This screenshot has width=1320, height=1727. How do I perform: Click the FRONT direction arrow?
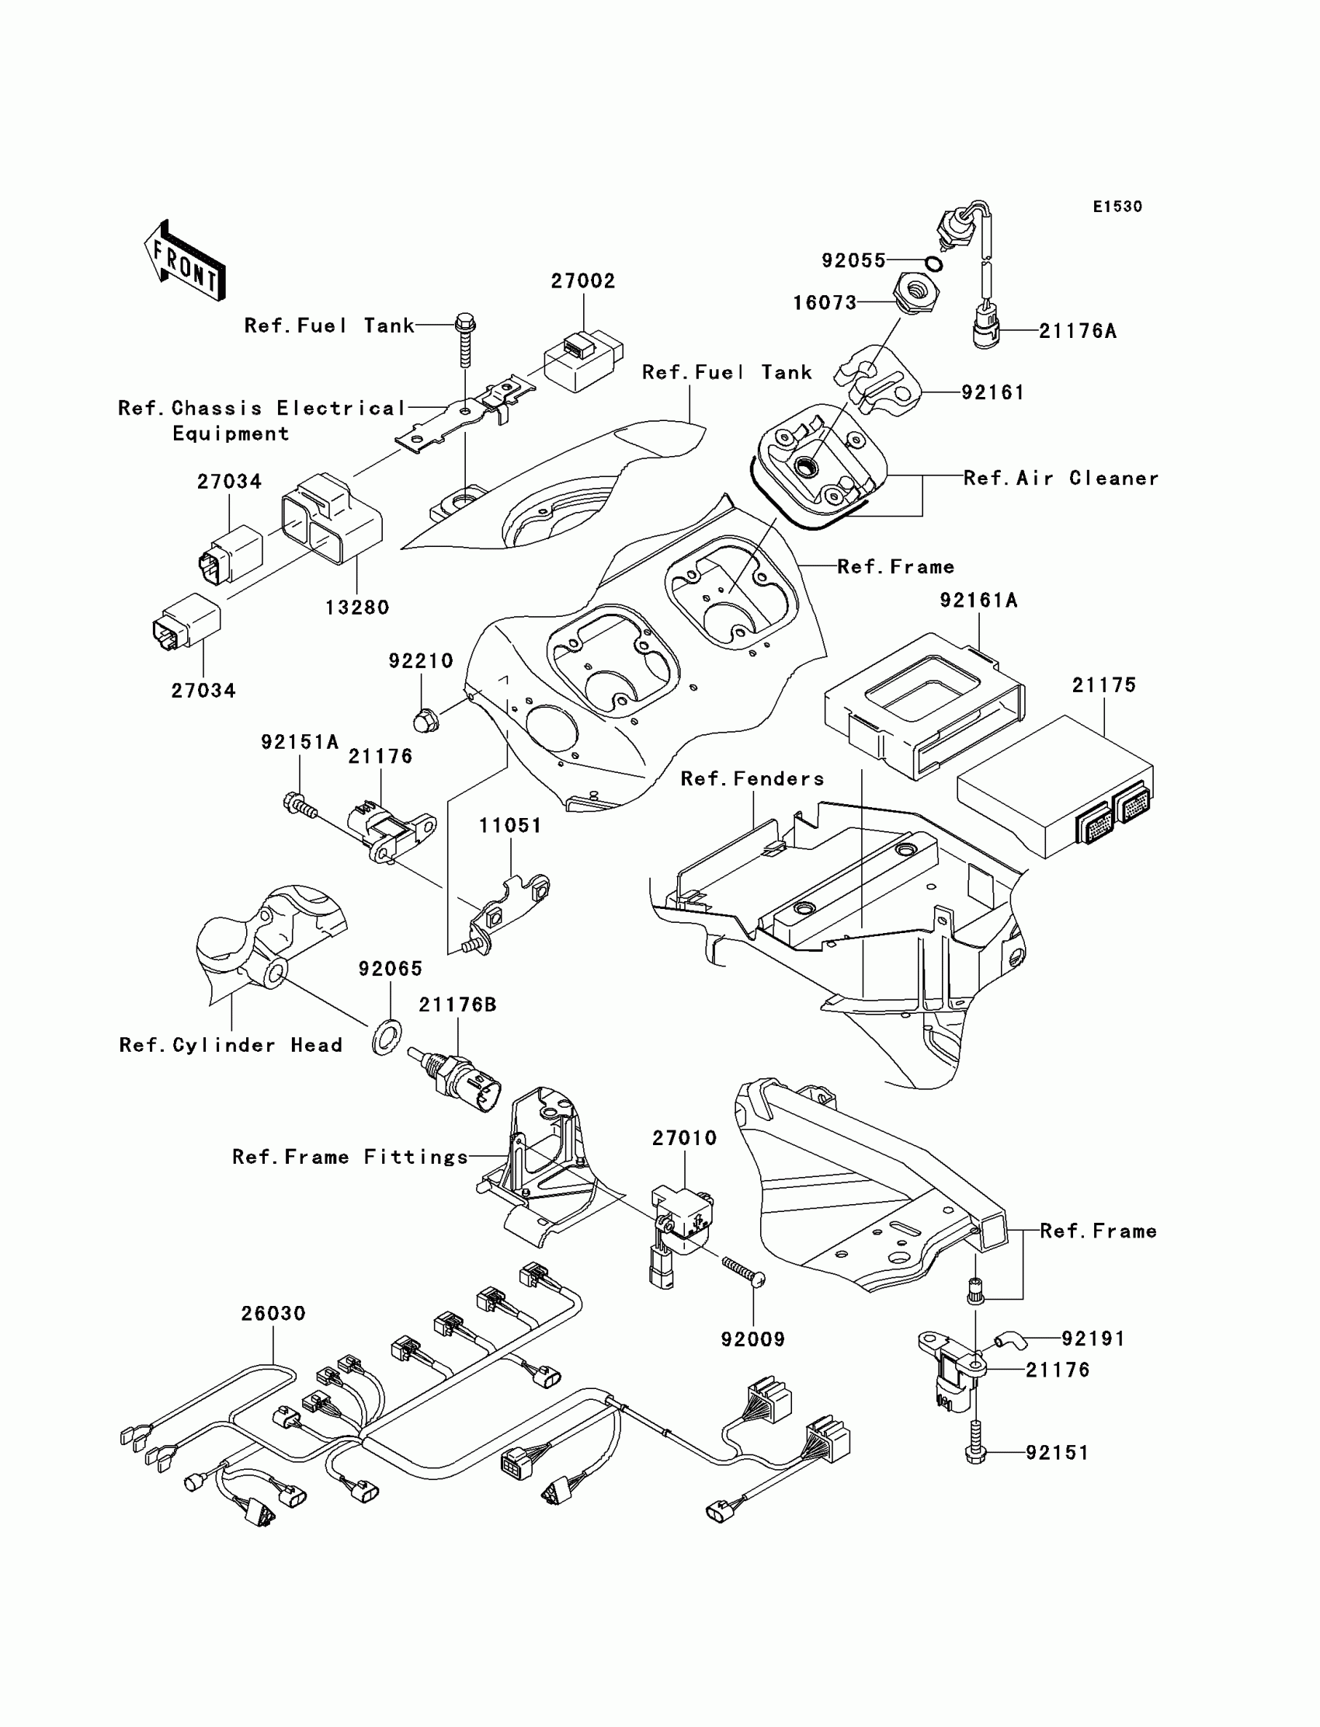click(186, 260)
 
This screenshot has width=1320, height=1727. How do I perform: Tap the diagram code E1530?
click(1117, 207)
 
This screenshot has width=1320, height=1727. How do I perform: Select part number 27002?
click(583, 281)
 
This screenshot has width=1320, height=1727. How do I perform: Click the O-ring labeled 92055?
click(934, 263)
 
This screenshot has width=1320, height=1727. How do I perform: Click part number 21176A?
click(1077, 331)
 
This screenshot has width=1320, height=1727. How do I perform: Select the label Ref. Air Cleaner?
click(1061, 478)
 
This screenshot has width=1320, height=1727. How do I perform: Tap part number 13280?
click(357, 607)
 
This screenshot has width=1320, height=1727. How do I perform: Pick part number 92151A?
click(300, 742)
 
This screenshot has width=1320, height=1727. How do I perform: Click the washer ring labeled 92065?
click(387, 1039)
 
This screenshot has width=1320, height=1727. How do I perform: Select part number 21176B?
click(457, 1005)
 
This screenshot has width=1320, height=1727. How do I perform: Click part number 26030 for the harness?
click(273, 1313)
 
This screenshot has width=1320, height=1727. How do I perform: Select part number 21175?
click(1104, 685)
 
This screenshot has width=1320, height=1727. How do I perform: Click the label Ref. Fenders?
click(752, 778)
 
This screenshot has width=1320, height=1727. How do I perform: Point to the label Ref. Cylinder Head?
click(230, 1045)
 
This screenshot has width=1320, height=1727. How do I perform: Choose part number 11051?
click(510, 825)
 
